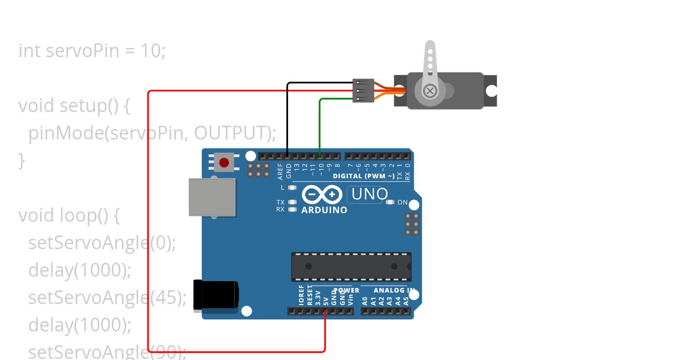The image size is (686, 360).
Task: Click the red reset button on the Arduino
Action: pos(224,163)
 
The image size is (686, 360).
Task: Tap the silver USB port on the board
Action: pos(212,197)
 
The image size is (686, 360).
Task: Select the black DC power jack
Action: pos(216,295)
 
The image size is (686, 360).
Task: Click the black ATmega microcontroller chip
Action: pos(351,266)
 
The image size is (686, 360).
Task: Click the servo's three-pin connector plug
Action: pos(364,91)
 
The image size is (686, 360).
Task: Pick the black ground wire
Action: pos(288,120)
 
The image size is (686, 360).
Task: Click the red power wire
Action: pos(149,229)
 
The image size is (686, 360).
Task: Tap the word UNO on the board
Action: pos(369,194)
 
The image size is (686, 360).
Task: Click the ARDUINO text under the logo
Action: pos(324,210)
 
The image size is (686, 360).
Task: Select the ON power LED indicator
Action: pos(391,202)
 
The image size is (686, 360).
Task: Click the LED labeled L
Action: pos(293,187)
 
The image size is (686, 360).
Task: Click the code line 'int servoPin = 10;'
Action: pos(92,51)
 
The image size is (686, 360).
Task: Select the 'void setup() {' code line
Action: pos(75,106)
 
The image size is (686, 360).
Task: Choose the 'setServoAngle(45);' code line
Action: pos(107,298)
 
